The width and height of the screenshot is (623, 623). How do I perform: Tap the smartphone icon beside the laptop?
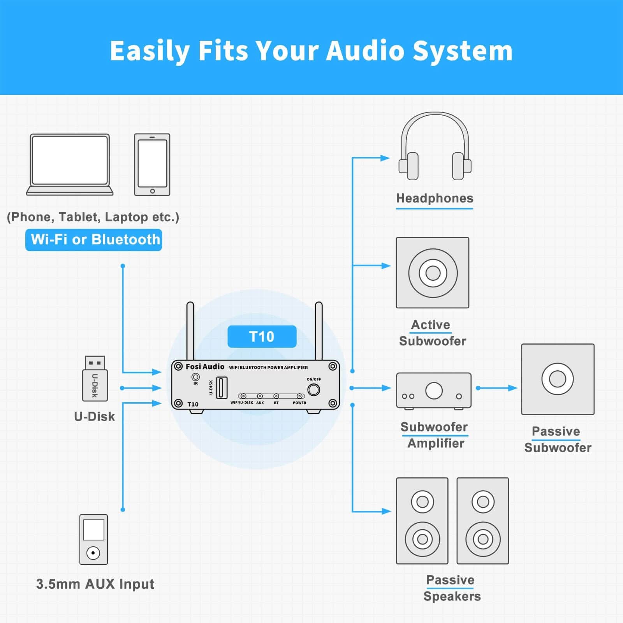click(x=152, y=164)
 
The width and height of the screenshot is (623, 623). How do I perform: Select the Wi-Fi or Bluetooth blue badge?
click(x=93, y=240)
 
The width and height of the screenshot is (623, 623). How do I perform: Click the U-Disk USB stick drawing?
click(x=95, y=378)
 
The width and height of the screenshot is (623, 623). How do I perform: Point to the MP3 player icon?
click(x=93, y=539)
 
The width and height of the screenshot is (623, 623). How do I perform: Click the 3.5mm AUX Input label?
click(x=95, y=584)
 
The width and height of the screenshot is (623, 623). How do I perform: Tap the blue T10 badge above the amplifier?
click(x=262, y=336)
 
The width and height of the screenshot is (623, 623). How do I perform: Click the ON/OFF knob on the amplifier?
click(x=313, y=390)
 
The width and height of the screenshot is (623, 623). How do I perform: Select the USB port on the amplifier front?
click(x=222, y=387)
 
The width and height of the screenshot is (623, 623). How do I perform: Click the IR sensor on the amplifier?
click(x=195, y=377)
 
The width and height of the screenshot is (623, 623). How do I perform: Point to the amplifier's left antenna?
click(x=190, y=331)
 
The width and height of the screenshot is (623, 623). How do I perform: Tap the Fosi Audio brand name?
click(x=205, y=367)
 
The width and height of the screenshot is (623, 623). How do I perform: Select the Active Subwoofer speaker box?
click(x=433, y=273)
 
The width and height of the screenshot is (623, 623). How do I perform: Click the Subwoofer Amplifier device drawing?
click(x=434, y=391)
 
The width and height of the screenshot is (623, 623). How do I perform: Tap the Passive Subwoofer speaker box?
click(x=558, y=379)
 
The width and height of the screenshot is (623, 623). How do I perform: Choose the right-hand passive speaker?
click(x=483, y=521)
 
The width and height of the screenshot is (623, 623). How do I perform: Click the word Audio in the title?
click(x=365, y=51)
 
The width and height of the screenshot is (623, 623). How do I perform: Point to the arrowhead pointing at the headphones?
click(x=385, y=158)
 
